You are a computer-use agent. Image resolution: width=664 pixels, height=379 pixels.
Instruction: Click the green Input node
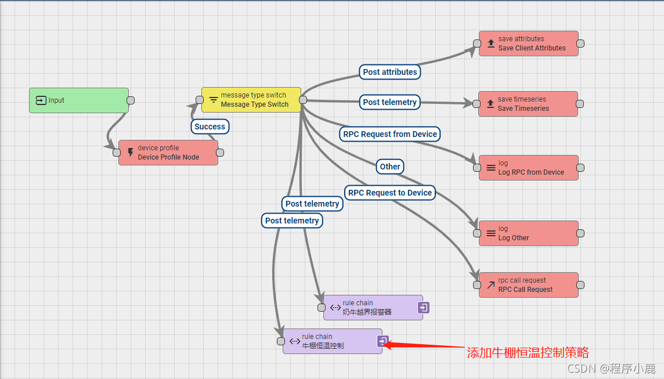pyautogui.click(x=78, y=100)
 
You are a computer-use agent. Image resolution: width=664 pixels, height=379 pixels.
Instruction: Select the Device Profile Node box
pyautogui.click(x=168, y=153)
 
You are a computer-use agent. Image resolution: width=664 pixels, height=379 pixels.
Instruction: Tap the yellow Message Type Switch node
pyautogui.click(x=251, y=100)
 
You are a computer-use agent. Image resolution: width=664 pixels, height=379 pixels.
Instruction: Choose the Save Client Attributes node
pyautogui.click(x=528, y=44)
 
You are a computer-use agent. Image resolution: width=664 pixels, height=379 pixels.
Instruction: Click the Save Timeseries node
pyautogui.click(x=528, y=104)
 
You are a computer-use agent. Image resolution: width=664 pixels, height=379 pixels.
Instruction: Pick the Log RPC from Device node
pyautogui.click(x=528, y=168)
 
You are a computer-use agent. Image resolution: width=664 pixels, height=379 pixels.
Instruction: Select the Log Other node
pyautogui.click(x=528, y=233)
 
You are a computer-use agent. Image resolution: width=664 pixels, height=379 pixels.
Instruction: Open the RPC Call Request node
pyautogui.click(x=528, y=285)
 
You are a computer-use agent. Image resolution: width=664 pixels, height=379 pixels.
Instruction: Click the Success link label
pyautogui.click(x=210, y=127)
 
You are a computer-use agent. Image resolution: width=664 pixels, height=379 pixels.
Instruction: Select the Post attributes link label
pyautogui.click(x=390, y=72)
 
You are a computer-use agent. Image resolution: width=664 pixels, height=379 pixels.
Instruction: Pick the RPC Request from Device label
pyautogui.click(x=390, y=134)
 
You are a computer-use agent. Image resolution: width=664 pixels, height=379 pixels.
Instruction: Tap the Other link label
pyautogui.click(x=390, y=167)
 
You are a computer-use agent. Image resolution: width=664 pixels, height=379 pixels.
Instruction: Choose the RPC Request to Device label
pyautogui.click(x=390, y=193)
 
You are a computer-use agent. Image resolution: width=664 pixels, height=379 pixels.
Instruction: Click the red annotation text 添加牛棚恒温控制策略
pyautogui.click(x=528, y=352)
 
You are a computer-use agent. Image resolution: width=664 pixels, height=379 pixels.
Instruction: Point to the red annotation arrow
pyautogui.click(x=424, y=346)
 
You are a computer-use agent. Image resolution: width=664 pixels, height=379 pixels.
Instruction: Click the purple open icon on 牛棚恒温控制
pyautogui.click(x=382, y=341)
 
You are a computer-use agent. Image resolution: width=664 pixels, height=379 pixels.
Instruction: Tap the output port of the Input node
pyautogui.click(x=131, y=100)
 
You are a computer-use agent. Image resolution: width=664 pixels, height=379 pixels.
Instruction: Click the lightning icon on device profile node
pyautogui.click(x=130, y=153)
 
